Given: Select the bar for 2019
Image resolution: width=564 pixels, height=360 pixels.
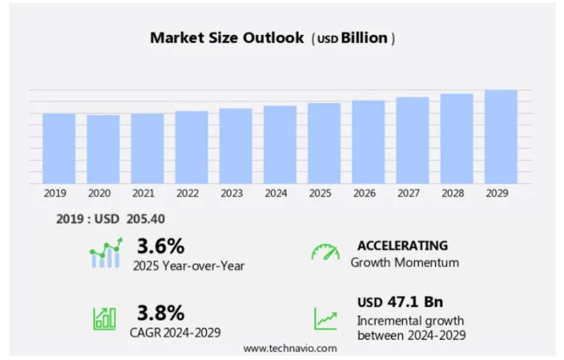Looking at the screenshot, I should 59,148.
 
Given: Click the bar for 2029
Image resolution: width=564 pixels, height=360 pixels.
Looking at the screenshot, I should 501,137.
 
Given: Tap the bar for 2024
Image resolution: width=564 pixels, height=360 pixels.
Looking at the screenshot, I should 280,144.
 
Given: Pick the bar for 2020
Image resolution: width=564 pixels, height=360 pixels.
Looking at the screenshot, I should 103,148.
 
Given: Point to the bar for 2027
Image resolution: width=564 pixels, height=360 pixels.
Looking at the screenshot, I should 413,140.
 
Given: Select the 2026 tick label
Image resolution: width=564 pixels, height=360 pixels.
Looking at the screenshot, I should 369,193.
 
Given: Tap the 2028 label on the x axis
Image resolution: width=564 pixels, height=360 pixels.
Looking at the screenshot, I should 457,193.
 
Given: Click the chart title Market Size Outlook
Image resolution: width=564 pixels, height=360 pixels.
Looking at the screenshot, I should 227,38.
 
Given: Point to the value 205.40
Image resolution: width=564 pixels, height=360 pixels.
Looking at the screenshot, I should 146,219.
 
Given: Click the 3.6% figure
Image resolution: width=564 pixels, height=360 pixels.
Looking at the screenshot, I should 160,246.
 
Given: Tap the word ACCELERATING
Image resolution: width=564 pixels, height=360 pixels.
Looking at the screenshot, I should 401,246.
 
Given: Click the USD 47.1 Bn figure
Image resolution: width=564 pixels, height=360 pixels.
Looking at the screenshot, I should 400,303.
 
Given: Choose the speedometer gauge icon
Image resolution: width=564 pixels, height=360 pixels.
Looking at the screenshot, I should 325,253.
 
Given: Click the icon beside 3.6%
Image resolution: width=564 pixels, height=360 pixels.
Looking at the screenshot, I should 106,253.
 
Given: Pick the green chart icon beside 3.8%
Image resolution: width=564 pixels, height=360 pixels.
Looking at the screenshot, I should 105,319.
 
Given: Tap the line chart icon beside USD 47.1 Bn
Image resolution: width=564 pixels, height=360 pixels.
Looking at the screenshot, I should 325,319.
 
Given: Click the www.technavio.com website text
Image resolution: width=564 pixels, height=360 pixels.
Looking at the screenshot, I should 290,348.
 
